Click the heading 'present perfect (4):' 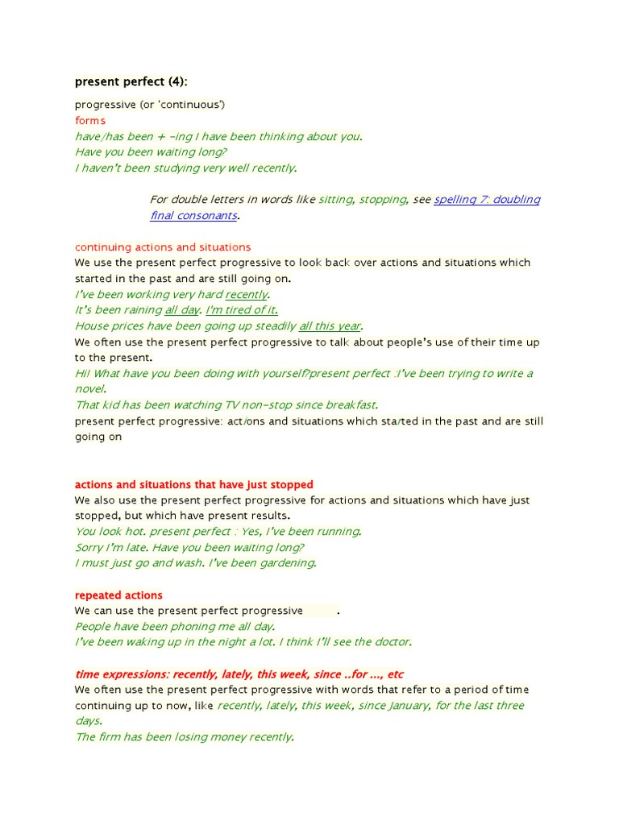coord(131,81)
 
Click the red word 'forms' coord(90,121)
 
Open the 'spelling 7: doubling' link coord(487,200)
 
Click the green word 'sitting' coord(335,200)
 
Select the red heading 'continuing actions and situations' coord(163,247)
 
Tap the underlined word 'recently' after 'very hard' coord(246,295)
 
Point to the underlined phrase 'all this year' coord(330,326)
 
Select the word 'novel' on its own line coord(89,389)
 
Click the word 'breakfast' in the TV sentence coord(349,405)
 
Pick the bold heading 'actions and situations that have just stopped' coord(194,484)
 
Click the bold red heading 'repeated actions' coord(118,595)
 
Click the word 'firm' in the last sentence coord(114,737)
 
